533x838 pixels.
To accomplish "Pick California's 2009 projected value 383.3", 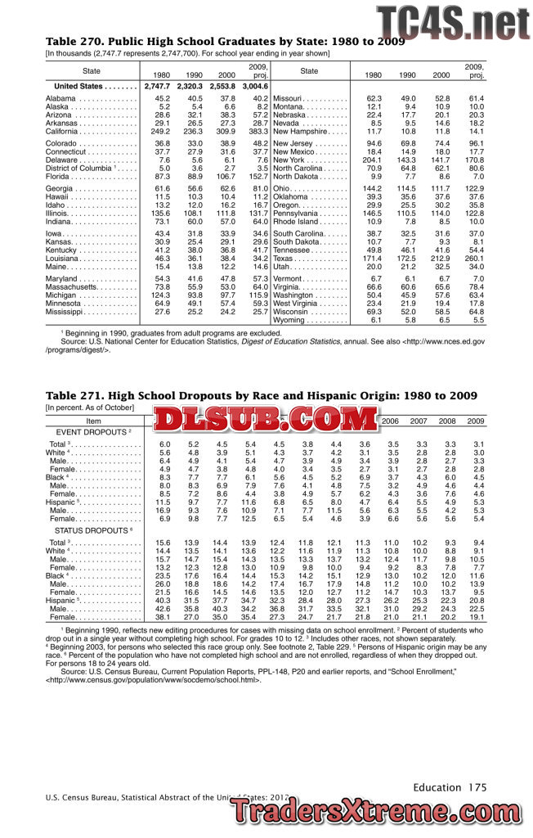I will pos(258,131).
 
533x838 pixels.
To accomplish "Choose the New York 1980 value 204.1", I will pos(374,160).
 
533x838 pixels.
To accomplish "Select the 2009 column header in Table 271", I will pos(474,421).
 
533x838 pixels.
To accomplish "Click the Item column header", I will pos(93,421).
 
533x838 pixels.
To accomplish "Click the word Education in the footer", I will pos(437,787).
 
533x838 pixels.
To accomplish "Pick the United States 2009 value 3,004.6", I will pos(255,86).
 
